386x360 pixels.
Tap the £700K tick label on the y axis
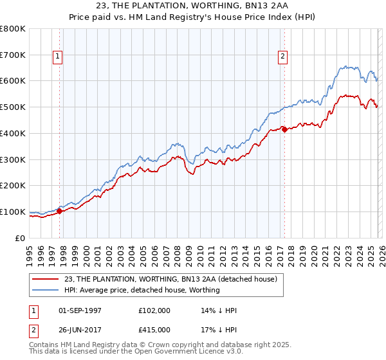click(x=13, y=55)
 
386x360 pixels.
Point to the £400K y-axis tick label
click(x=13, y=133)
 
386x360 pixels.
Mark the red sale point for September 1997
click(x=59, y=211)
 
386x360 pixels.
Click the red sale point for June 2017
click(x=284, y=129)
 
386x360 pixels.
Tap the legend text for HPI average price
click(x=142, y=290)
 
